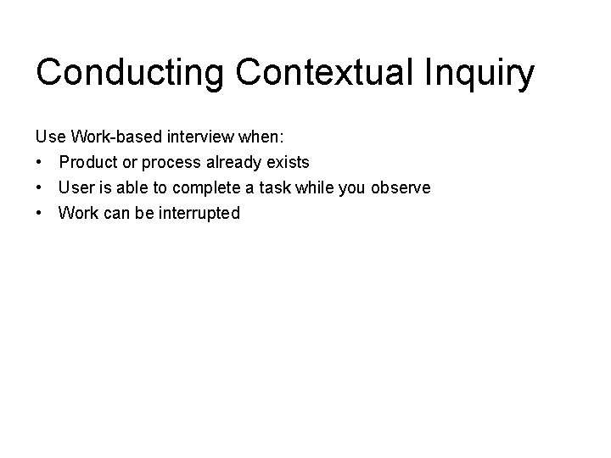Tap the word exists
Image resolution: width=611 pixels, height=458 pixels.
(289, 161)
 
